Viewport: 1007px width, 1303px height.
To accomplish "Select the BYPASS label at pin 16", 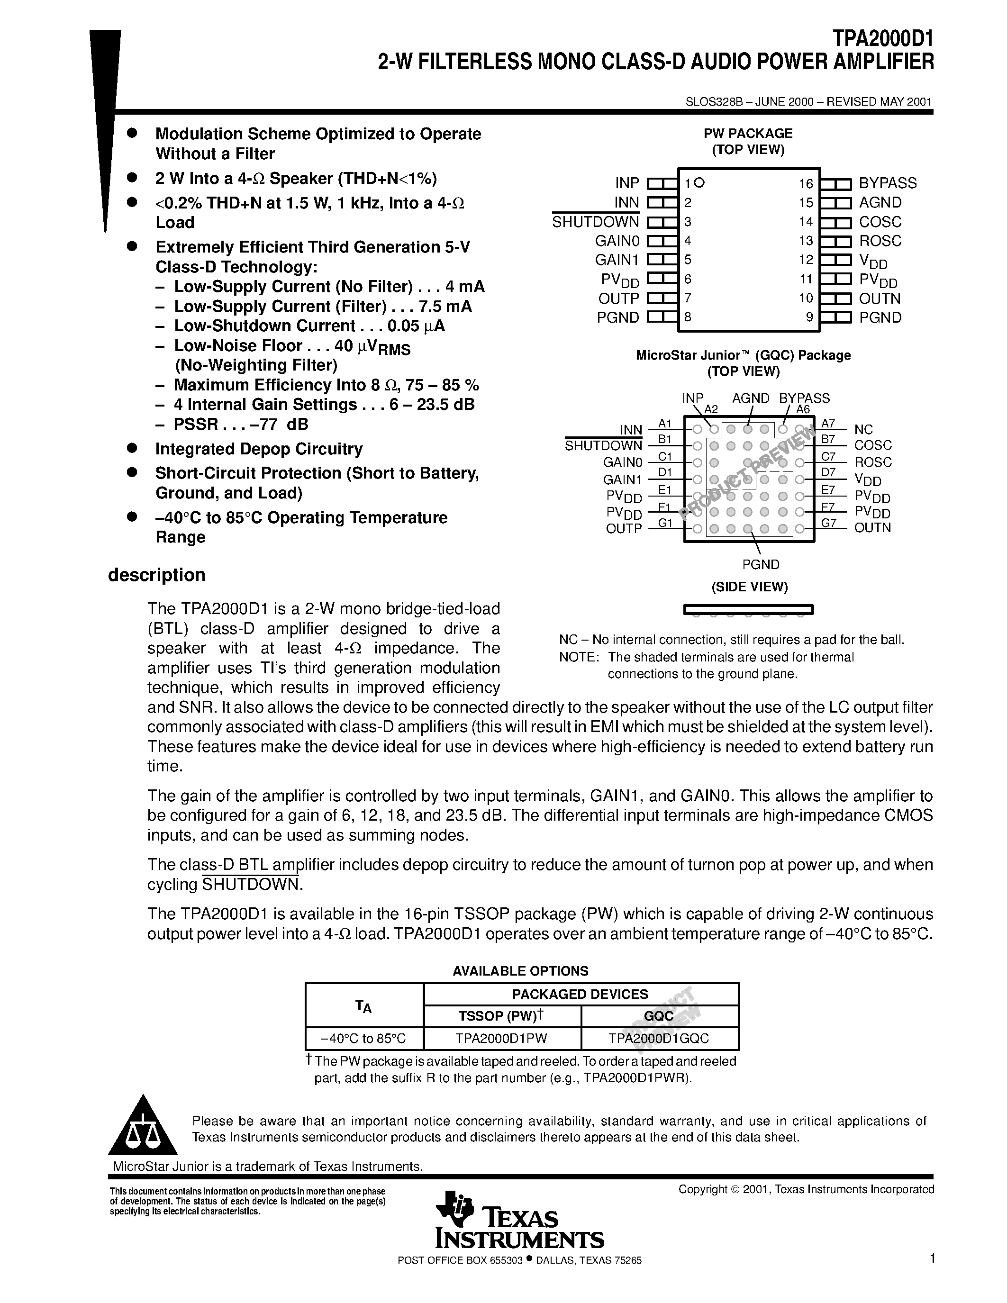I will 887,183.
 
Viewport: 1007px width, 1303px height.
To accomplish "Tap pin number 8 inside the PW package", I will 688,317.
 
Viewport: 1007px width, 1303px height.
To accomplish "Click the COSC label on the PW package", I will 880,222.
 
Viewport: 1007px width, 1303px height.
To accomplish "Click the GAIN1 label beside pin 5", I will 617,260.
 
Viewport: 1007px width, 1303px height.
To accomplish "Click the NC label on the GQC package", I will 863,430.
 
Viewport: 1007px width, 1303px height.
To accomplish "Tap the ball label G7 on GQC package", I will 829,523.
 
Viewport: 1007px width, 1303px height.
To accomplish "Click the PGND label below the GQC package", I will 761,564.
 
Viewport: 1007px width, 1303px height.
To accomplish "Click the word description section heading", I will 156,575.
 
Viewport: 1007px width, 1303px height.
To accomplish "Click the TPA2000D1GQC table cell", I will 659,1039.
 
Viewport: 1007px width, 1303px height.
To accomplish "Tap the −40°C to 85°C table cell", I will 363,1039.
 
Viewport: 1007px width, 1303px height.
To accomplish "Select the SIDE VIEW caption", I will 749,587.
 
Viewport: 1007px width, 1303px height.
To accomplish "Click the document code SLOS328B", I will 714,102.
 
